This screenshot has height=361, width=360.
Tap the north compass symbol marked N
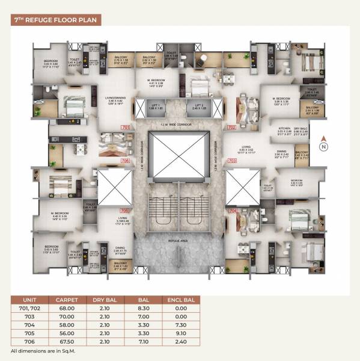[x=323, y=145]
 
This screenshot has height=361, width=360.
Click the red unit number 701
[x=126, y=128]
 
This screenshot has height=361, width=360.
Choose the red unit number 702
[x=233, y=128]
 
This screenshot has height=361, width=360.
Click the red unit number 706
[x=126, y=161]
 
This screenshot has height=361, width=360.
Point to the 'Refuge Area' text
[x=179, y=240]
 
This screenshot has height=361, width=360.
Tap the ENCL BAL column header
[x=181, y=298]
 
